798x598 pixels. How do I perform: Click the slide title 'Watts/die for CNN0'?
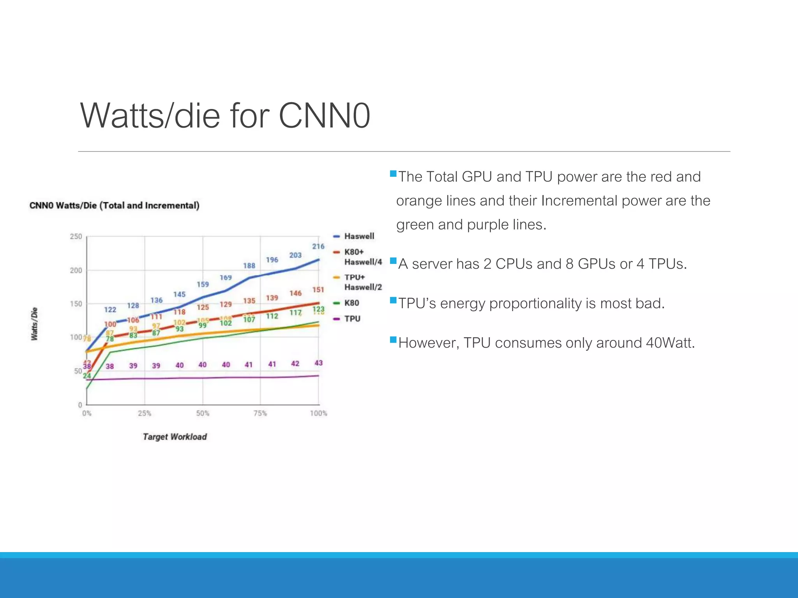[x=225, y=115]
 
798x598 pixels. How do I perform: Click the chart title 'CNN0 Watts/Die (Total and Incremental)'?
[x=114, y=206]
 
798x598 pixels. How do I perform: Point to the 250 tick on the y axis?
[x=76, y=237]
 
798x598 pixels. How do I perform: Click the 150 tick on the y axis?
[x=76, y=304]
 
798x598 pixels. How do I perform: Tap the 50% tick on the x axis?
[x=203, y=413]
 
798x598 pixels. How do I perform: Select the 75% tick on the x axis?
[x=260, y=413]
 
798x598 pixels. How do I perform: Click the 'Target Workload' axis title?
[x=175, y=437]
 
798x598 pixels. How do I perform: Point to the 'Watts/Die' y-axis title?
[x=34, y=324]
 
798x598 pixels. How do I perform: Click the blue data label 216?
[x=318, y=246]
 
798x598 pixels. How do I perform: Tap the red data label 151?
[x=318, y=290]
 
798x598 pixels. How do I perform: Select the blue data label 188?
[x=249, y=266]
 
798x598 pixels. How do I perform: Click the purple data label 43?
[x=318, y=363]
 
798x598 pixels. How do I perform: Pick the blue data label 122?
[x=110, y=310]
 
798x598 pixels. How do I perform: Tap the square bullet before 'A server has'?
[x=393, y=260]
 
